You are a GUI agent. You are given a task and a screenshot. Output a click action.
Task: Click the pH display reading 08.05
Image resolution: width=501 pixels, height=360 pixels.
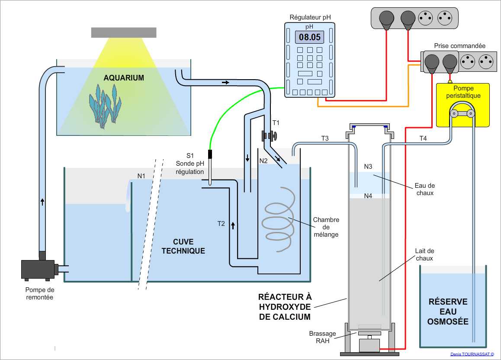[x=310, y=37]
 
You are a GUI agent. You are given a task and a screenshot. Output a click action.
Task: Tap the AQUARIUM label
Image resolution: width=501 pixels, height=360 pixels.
[x=123, y=78]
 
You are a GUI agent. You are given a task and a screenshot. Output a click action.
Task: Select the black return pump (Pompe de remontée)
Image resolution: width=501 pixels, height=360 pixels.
[x=38, y=269]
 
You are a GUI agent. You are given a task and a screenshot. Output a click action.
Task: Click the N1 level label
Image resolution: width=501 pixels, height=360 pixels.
[x=141, y=176]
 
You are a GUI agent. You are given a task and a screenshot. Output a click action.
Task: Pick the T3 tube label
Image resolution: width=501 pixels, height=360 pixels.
[x=325, y=138]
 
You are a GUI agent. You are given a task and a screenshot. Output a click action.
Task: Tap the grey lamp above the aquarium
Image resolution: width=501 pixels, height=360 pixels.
[x=124, y=32]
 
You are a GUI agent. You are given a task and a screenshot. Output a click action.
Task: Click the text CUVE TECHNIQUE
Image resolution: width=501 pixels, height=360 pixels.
[x=183, y=246]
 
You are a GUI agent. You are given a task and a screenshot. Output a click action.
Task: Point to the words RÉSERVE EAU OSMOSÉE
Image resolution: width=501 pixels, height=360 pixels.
[x=448, y=312]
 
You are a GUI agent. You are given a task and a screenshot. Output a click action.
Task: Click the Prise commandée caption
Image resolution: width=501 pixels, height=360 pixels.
[x=459, y=46]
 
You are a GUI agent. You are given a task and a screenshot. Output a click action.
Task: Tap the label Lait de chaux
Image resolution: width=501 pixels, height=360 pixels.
[x=424, y=254]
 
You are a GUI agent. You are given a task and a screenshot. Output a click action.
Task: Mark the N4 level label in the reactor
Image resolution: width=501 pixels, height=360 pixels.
[x=368, y=196]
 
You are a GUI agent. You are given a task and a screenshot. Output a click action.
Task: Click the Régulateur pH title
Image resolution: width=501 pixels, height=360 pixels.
[x=310, y=18]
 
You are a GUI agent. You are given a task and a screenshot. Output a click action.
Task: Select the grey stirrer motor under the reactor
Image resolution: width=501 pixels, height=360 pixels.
[x=369, y=345]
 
